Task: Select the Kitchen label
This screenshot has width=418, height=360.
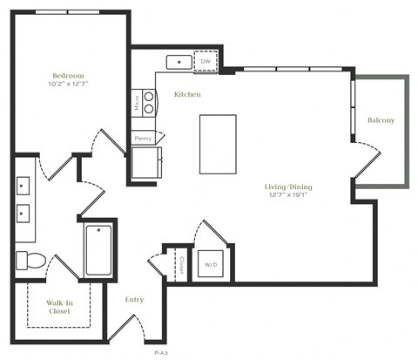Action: click(188, 93)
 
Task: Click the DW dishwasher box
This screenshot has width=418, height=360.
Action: click(206, 61)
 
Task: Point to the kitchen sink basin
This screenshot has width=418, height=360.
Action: click(180, 62)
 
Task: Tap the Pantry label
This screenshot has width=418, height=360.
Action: click(143, 138)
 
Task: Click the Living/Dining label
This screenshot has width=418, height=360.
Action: click(289, 187)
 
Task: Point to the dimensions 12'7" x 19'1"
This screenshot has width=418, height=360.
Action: click(289, 195)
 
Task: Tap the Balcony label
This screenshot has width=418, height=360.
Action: click(381, 120)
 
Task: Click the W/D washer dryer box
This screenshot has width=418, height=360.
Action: click(212, 263)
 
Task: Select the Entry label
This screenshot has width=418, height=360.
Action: click(134, 300)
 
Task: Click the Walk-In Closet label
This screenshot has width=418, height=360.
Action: click(59, 307)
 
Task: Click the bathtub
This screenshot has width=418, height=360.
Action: click(98, 250)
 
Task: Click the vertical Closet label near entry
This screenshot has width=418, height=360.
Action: click(181, 262)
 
